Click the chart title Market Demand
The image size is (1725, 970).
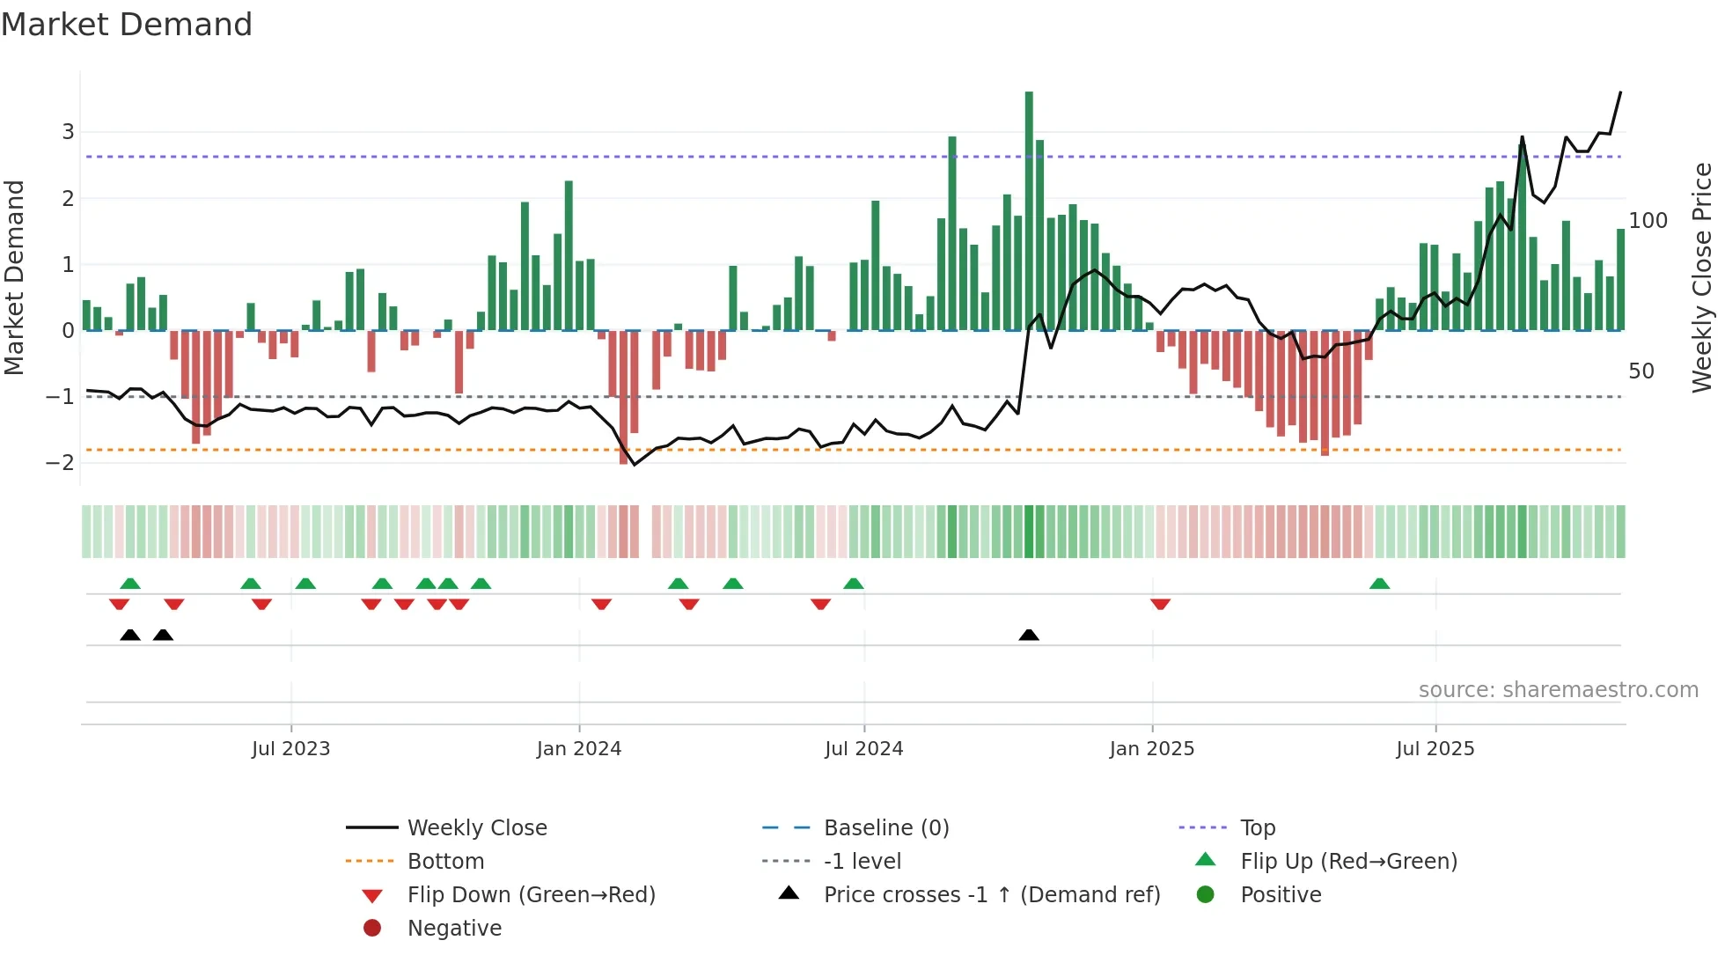click(127, 25)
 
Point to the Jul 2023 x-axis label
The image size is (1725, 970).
click(290, 749)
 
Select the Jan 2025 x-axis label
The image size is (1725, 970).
click(1151, 749)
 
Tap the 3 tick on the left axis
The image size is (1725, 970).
click(68, 132)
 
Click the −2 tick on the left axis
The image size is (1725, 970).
click(61, 463)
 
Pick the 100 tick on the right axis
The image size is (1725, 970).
click(1648, 221)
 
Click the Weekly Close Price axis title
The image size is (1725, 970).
click(1702, 277)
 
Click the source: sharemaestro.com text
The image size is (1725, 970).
click(1558, 690)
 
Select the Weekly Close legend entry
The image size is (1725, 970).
click(476, 828)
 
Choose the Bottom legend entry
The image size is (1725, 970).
click(445, 862)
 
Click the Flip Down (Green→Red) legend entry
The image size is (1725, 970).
click(531, 895)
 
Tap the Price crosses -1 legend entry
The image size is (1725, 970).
click(991, 895)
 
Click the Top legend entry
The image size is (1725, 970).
click(1257, 828)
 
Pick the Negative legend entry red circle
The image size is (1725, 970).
click(372, 929)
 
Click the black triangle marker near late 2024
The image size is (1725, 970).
click(1029, 636)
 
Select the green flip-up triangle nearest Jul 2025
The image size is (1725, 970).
click(1379, 584)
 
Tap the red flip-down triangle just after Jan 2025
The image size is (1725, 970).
click(1160, 604)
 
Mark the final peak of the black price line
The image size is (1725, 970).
click(1620, 92)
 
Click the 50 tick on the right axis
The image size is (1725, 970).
click(1641, 371)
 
